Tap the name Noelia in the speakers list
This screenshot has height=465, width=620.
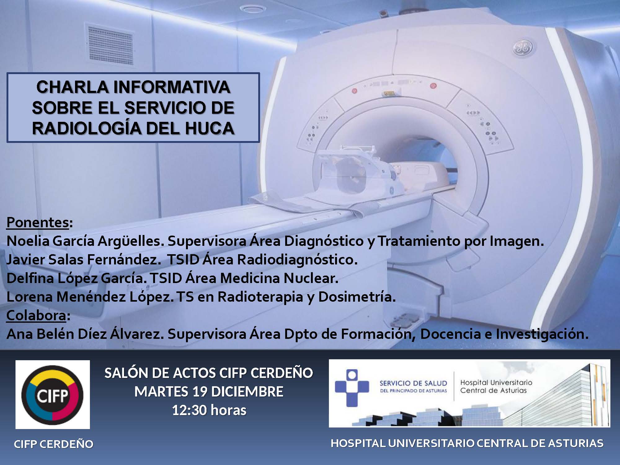(x=28, y=241)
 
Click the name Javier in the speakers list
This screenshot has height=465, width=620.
(x=25, y=259)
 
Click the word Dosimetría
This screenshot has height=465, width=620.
(x=357, y=297)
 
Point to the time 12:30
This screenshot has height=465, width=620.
(x=190, y=410)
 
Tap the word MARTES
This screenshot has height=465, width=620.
(x=162, y=392)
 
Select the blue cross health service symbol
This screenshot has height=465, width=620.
(x=352, y=387)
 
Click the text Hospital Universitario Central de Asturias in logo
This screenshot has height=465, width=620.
(x=496, y=387)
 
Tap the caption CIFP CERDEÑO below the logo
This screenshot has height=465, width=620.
(x=54, y=444)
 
